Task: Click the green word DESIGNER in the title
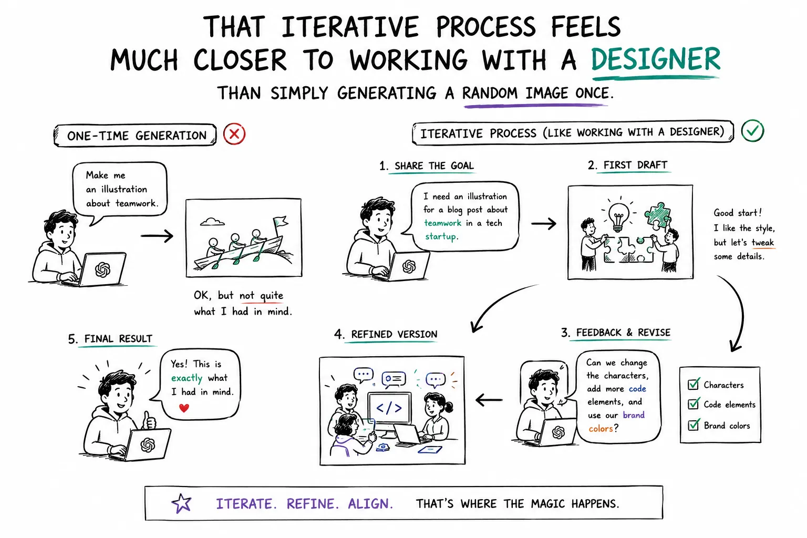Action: [655, 59]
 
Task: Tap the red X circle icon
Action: [234, 134]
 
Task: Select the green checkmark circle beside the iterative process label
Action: [752, 130]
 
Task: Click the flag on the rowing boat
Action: [280, 221]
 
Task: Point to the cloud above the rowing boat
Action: [213, 222]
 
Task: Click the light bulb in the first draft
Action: [618, 216]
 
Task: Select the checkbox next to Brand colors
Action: [694, 425]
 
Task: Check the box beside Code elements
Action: [694, 403]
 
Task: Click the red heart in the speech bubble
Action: [184, 408]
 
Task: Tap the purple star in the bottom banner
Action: [181, 503]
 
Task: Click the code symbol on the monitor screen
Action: [389, 408]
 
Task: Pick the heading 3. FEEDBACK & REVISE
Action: [616, 333]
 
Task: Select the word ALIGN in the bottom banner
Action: [370, 504]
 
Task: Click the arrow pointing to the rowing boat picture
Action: [157, 236]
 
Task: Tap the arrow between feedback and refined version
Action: [489, 400]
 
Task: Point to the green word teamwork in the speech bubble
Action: [442, 223]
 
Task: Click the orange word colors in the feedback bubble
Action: [601, 428]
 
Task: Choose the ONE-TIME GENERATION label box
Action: [135, 135]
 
